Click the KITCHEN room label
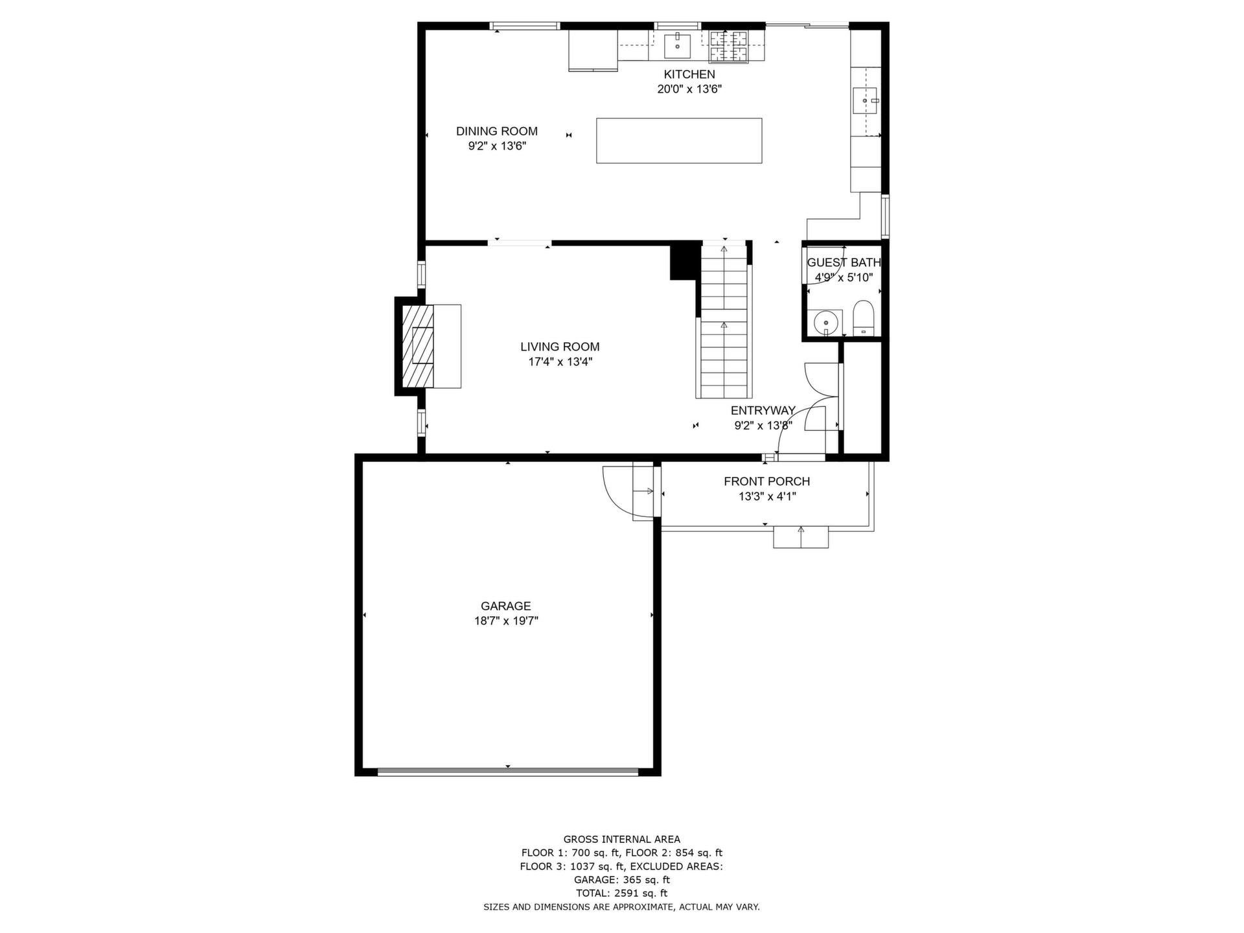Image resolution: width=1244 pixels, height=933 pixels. tap(689, 75)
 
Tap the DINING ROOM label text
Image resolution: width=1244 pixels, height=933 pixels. tap(497, 132)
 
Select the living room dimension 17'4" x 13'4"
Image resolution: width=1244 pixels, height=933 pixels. tap(560, 362)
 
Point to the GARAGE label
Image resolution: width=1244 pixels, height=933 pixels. tap(506, 606)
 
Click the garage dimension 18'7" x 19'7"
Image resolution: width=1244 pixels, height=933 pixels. tap(506, 621)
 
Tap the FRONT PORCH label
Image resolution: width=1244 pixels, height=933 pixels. tap(767, 481)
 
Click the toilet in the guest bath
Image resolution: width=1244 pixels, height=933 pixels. tap(864, 317)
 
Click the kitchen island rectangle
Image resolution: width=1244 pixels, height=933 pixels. tap(679, 141)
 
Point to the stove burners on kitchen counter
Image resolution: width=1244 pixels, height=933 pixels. tap(728, 47)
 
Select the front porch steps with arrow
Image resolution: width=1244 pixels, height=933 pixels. tap(801, 537)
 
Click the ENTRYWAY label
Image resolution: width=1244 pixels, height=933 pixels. tap(763, 411)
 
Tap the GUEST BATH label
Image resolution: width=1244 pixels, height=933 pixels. tap(844, 263)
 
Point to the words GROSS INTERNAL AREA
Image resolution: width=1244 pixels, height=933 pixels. tap(622, 840)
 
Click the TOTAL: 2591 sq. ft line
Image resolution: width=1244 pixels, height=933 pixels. tap(622, 893)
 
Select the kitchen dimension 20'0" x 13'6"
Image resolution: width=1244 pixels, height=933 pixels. tap(689, 89)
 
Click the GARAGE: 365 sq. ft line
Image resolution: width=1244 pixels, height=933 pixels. tap(622, 880)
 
